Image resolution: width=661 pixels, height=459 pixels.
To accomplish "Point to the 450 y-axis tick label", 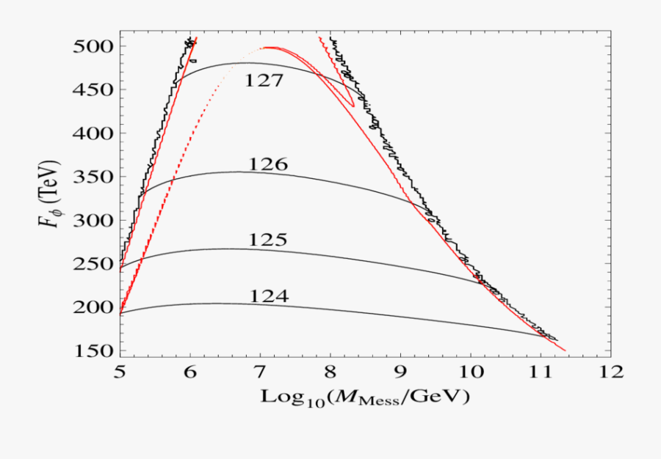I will (x=91, y=90).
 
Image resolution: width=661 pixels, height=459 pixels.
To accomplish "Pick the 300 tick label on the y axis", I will (x=91, y=221).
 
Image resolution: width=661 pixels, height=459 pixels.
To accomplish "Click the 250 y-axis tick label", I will (x=91, y=264).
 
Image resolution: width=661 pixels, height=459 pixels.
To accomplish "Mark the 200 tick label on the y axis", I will (x=91, y=307).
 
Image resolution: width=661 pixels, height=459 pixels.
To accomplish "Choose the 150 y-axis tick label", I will (x=91, y=351).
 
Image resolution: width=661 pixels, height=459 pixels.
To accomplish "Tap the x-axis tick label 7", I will (x=260, y=372).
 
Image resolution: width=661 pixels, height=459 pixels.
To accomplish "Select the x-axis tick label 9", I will (x=400, y=372).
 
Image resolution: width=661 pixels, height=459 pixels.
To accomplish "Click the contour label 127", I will (x=264, y=81).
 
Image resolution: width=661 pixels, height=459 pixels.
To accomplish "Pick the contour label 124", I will (x=268, y=296).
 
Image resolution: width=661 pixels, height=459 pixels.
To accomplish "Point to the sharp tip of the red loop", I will (x=354, y=107).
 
